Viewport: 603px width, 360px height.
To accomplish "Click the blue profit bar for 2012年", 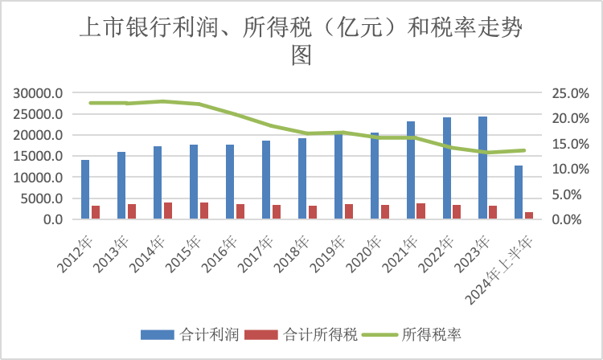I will (x=85, y=189).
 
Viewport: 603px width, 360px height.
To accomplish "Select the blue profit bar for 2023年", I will (x=482, y=167).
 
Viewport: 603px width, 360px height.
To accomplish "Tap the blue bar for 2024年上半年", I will (x=519, y=192).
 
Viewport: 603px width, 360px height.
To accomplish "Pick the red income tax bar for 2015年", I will (x=204, y=211).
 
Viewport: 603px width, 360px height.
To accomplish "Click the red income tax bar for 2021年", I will (x=421, y=211).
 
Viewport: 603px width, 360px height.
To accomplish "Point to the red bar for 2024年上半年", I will (x=529, y=215).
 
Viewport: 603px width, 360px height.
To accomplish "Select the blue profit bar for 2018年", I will (x=302, y=178).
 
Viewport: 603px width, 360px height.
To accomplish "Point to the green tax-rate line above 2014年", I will (x=163, y=101).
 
